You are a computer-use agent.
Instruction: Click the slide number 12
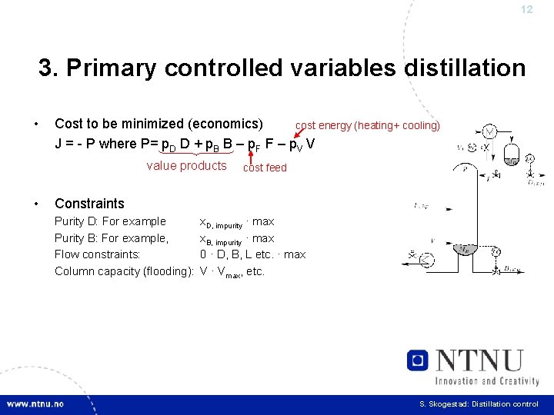[526, 10]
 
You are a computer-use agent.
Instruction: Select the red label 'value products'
[186, 166]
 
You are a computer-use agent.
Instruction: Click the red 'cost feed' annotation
[265, 168]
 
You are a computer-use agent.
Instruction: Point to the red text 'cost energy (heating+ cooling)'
[368, 125]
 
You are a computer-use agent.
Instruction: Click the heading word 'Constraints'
[89, 204]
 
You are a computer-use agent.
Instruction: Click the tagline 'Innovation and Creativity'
[486, 380]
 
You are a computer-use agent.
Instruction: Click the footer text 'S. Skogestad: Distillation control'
[479, 404]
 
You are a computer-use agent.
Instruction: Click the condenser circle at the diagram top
[489, 131]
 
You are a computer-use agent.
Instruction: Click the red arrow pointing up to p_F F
[252, 157]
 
